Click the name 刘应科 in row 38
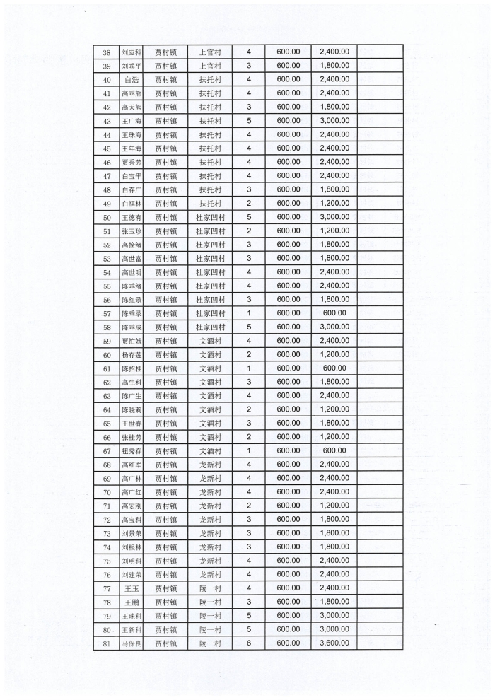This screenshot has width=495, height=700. tap(132, 52)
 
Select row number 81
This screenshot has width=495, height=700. tap(107, 643)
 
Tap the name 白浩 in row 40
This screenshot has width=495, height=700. tap(132, 80)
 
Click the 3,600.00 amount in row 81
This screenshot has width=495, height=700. tap(334, 643)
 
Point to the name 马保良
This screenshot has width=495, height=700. tap(132, 643)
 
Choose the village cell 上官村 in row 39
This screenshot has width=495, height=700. tap(211, 66)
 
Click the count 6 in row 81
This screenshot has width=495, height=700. tap(248, 643)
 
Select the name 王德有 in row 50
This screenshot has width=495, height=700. tap(132, 217)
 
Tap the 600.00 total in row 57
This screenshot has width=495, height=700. tap(334, 313)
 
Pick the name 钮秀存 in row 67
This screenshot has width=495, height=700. tap(132, 451)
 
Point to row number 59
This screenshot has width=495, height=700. tap(107, 341)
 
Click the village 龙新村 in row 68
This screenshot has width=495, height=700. tap(211, 465)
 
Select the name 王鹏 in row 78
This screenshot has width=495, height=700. tap(132, 602)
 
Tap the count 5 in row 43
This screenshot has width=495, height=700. tap(248, 121)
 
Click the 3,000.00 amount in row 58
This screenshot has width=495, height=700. tap(334, 327)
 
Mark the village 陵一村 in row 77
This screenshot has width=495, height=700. tap(211, 588)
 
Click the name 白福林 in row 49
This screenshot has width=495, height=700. tap(132, 204)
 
